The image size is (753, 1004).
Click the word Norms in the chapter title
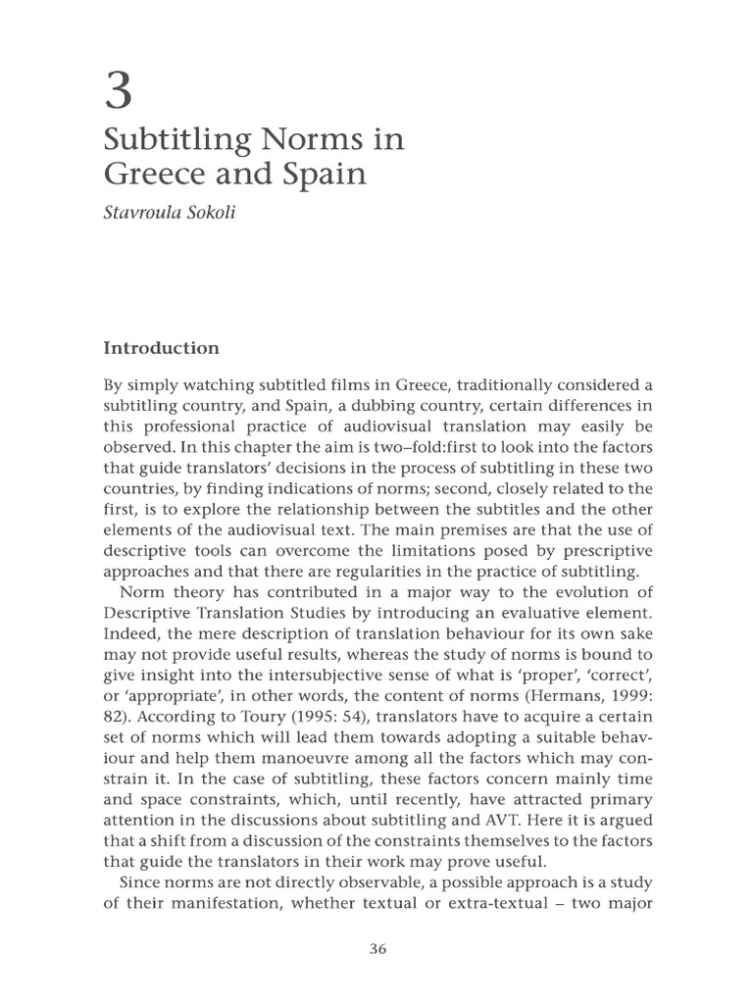305,141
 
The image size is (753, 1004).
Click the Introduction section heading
161,348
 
